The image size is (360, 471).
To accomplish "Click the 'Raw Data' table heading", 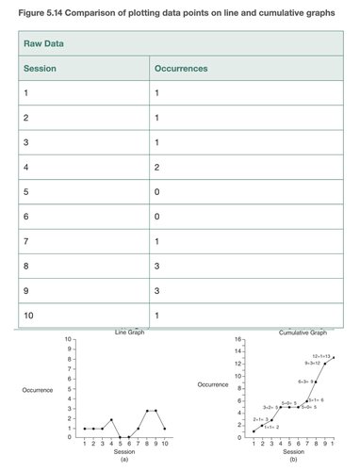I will [x=43, y=44].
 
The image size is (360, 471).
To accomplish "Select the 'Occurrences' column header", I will [x=180, y=69].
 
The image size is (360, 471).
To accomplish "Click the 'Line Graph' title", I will [x=131, y=333].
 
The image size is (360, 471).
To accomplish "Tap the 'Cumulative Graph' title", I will [x=303, y=333].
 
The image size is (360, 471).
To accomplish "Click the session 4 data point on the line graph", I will [x=111, y=419].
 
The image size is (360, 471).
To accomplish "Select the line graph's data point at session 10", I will [x=165, y=429].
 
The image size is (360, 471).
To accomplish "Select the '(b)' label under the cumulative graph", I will [x=293, y=460].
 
